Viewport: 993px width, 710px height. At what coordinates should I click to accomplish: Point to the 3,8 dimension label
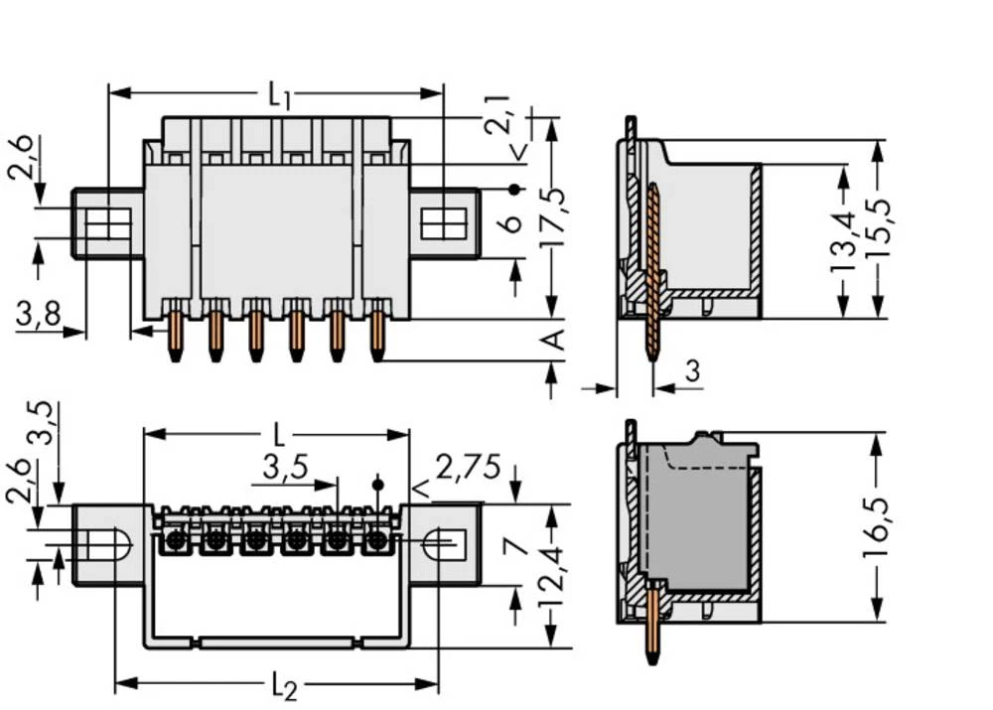pyautogui.click(x=38, y=315)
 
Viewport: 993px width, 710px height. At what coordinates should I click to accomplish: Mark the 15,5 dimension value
pyautogui.click(x=879, y=229)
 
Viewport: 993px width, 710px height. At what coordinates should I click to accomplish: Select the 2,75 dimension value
pyautogui.click(x=467, y=468)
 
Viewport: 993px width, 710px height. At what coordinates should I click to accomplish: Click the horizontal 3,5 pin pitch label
pyautogui.click(x=286, y=467)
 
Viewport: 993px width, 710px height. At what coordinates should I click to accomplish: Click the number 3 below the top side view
pyautogui.click(x=692, y=372)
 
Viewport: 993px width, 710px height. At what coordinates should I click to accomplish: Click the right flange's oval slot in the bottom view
pyautogui.click(x=439, y=542)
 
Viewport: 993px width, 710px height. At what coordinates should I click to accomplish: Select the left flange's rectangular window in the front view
pyautogui.click(x=107, y=224)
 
